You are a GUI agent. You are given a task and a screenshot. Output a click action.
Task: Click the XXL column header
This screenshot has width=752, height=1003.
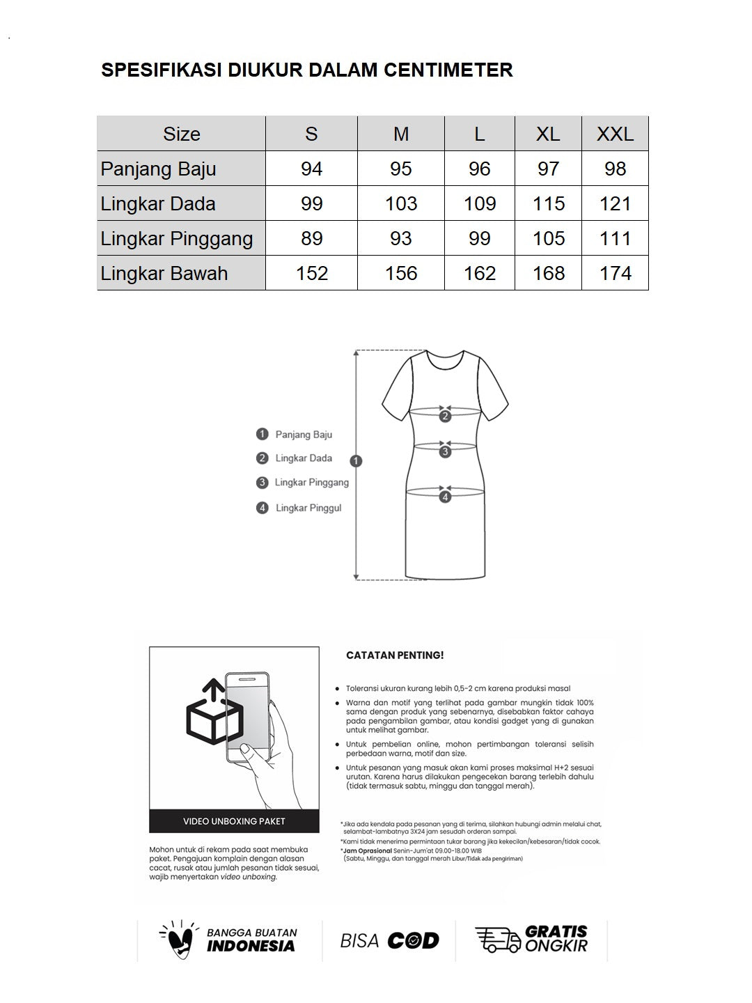point(615,134)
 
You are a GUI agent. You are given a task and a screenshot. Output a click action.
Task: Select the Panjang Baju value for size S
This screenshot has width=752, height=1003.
point(311,169)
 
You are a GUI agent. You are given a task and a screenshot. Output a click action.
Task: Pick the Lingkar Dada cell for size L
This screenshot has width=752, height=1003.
point(479,203)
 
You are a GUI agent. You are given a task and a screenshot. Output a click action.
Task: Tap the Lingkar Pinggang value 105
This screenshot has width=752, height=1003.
point(548,238)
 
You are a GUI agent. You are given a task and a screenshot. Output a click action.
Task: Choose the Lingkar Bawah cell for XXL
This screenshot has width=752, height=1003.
point(615,273)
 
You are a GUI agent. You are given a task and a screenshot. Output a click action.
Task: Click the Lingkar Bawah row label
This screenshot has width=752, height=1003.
point(164,273)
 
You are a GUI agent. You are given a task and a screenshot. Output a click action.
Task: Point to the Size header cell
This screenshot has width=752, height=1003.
point(181,134)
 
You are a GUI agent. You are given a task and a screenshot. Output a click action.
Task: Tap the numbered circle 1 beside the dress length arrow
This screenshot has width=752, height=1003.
point(357,461)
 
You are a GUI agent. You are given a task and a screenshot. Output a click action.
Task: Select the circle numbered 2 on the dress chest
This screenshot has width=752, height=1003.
point(446,417)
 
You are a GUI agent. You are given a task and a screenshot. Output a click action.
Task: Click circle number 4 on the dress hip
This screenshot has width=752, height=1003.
point(446,497)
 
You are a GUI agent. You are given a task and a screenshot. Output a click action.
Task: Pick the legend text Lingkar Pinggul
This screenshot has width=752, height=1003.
point(308,508)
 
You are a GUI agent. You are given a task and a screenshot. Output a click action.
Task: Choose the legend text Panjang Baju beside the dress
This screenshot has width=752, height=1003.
point(304,435)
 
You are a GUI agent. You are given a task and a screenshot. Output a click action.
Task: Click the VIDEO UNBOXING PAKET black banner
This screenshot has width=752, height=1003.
point(234,821)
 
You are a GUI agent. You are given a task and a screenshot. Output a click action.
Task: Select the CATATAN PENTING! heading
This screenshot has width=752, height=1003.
point(395,655)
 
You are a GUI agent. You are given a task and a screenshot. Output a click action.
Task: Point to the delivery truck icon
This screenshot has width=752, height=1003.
point(497,940)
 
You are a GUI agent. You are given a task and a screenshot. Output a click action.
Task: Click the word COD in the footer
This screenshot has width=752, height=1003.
point(413,941)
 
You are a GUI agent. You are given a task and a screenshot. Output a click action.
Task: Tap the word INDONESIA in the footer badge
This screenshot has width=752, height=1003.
point(251,946)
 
